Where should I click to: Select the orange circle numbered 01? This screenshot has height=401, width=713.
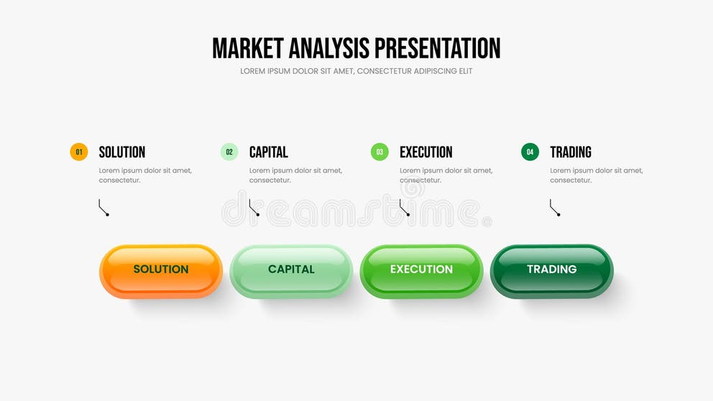pos(79,152)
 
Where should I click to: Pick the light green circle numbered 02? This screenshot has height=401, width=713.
pos(229,152)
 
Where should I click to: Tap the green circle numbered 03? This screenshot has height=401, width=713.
pos(379,152)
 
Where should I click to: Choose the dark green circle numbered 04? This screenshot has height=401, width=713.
pos(530,152)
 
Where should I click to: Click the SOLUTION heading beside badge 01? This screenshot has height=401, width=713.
pos(122,152)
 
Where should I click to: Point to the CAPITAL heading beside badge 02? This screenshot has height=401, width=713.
pos(269,152)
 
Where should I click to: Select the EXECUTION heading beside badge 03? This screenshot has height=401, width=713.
pos(426,152)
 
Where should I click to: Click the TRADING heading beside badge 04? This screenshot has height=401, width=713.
pos(571,152)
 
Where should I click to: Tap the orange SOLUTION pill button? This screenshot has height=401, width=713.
pos(161,270)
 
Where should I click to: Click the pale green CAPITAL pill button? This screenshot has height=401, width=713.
pos(291,270)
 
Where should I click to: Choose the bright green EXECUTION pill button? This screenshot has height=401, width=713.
pos(421,270)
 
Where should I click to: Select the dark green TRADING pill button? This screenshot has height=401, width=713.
pos(552,270)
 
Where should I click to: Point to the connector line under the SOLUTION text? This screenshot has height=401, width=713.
pos(103,208)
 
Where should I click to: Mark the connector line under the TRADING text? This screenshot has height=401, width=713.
pos(554,208)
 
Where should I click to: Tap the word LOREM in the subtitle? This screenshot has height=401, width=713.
pos(253,71)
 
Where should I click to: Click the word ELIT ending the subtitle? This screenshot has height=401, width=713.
pos(464,71)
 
